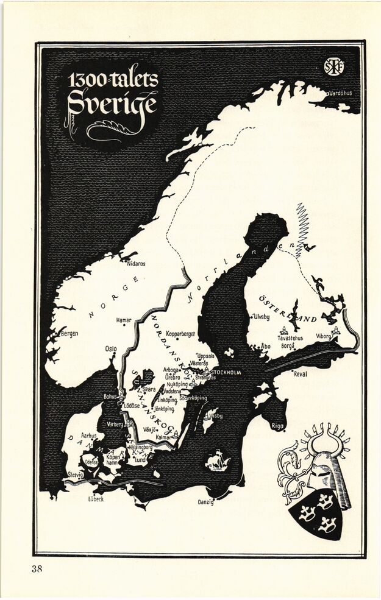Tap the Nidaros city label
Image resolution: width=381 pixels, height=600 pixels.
pos(136,264)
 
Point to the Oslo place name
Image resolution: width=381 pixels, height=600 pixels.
pos(110,349)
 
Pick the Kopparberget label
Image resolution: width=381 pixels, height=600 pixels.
pos(180,334)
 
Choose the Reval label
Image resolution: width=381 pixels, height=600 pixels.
pos(301,374)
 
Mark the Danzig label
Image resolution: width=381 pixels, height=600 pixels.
pos(206,502)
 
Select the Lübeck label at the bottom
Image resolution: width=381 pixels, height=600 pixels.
pos(95,499)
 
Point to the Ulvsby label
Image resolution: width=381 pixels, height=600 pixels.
pos(261,317)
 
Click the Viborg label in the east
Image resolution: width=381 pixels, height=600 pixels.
pos(323,336)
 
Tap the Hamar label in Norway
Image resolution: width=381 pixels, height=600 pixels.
pos(124,320)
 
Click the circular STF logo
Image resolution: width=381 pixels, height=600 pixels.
pos(334,66)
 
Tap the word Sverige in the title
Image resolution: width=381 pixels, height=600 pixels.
pos(112,104)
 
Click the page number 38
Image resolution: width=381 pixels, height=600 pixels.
pos(38,570)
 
